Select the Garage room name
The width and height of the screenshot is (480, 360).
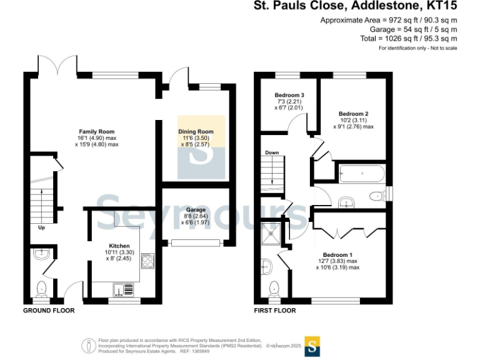click(x=196, y=210)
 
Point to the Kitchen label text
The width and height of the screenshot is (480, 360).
click(x=119, y=246)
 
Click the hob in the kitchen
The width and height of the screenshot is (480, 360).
click(x=148, y=259)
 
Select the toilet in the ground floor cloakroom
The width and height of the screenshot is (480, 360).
click(x=42, y=288)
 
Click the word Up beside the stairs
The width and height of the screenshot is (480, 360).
click(x=42, y=227)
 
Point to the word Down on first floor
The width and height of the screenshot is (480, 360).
click(x=272, y=152)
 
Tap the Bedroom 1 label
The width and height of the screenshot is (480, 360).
click(x=337, y=254)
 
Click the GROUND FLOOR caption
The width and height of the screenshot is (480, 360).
click(x=49, y=311)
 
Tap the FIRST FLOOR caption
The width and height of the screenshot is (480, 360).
click(x=275, y=311)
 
